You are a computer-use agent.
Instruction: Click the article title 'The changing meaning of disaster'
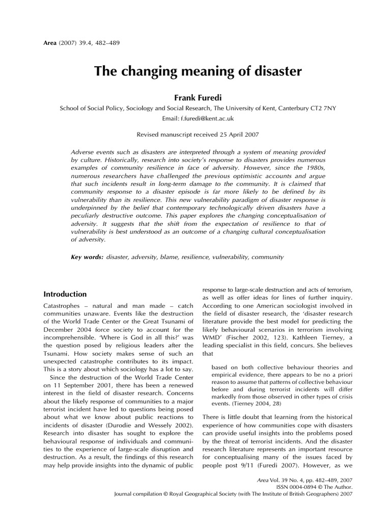pyautogui.click(x=198, y=71)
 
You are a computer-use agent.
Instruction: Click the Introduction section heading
pyautogui.click(x=65, y=294)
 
